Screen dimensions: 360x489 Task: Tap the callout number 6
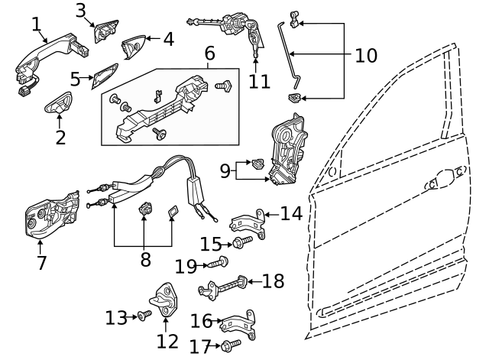[209, 54]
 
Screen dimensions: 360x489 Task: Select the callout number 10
[366, 55]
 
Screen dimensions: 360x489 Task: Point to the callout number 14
[290, 213]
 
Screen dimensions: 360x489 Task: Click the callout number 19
[186, 266]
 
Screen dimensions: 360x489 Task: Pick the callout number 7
[41, 263]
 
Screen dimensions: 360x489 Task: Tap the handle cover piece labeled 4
[134, 45]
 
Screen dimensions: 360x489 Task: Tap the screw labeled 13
[143, 316]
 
